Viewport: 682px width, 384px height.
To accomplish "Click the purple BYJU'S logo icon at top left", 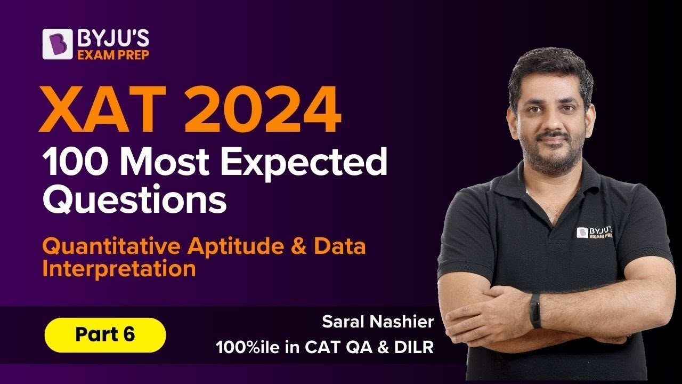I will tap(58, 44).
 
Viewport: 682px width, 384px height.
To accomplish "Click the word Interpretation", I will tap(119, 268).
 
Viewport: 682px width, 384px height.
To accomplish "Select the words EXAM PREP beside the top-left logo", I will tap(114, 54).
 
